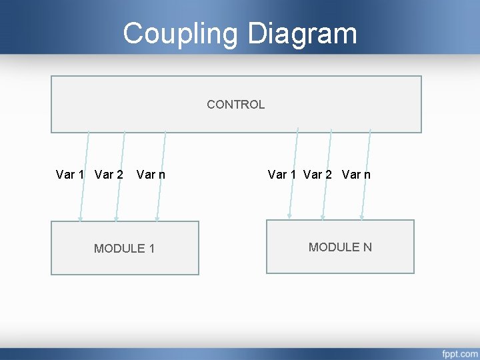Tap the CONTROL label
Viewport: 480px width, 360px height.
pyautogui.click(x=235, y=105)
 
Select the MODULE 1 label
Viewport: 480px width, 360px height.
pyautogui.click(x=124, y=249)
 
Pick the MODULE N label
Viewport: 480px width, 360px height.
pyautogui.click(x=340, y=247)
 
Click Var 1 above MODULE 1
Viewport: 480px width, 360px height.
pyautogui.click(x=70, y=175)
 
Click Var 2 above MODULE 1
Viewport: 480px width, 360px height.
pyautogui.click(x=109, y=175)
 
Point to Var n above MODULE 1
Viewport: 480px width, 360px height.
pyautogui.click(x=151, y=175)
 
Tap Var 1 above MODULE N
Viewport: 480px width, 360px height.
pyautogui.click(x=282, y=175)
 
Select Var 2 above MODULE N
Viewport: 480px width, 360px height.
pyautogui.click(x=317, y=175)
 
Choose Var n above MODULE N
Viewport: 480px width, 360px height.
pyautogui.click(x=356, y=175)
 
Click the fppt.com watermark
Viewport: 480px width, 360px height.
pyautogui.click(x=459, y=353)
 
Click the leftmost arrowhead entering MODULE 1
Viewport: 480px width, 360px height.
pyautogui.click(x=80, y=218)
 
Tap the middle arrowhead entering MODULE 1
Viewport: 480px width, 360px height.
pyautogui.click(x=116, y=218)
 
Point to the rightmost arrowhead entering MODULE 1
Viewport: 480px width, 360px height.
pyautogui.click(x=157, y=218)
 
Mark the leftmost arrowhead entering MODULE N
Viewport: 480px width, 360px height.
pyautogui.click(x=289, y=216)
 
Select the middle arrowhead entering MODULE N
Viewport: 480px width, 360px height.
pyautogui.click(x=323, y=216)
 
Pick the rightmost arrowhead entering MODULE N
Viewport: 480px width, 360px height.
pyautogui.click(x=361, y=216)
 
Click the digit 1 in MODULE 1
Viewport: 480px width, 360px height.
pyautogui.click(x=151, y=249)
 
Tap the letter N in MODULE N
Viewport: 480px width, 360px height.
pyautogui.click(x=367, y=247)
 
